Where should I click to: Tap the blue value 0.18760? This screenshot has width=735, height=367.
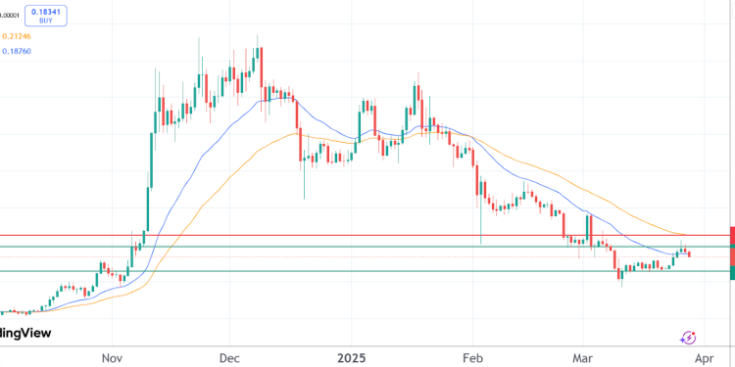coord(19,51)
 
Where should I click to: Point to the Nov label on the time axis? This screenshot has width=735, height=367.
coord(115,357)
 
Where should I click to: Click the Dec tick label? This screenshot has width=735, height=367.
coord(230,357)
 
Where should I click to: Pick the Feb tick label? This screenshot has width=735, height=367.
coord(473,357)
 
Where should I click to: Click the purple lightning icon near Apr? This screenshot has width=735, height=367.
coord(688,337)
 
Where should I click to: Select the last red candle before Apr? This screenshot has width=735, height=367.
coord(692,254)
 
